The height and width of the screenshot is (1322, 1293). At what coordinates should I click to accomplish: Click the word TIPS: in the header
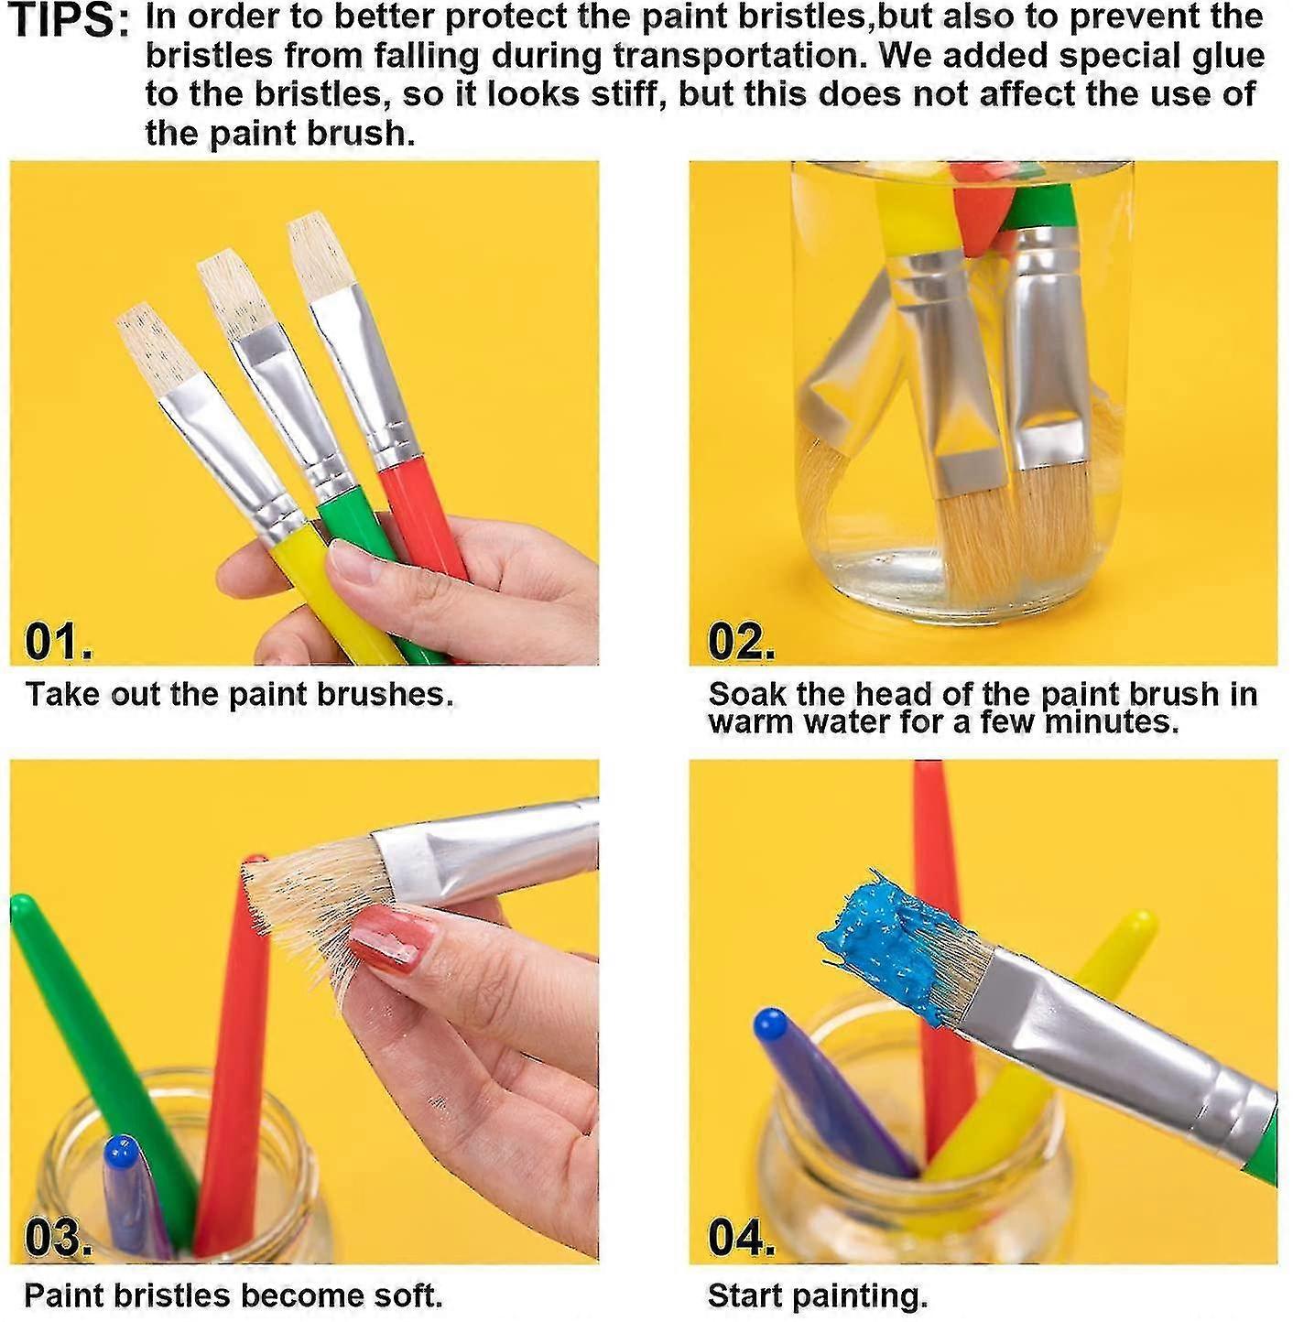pyautogui.click(x=70, y=20)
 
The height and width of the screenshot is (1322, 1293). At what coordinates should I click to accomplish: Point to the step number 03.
pyautogui.click(x=57, y=1239)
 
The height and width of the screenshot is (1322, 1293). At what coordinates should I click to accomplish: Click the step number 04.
pyautogui.click(x=740, y=1239)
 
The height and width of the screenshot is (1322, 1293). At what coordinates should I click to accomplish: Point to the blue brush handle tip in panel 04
pyautogui.click(x=771, y=1023)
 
